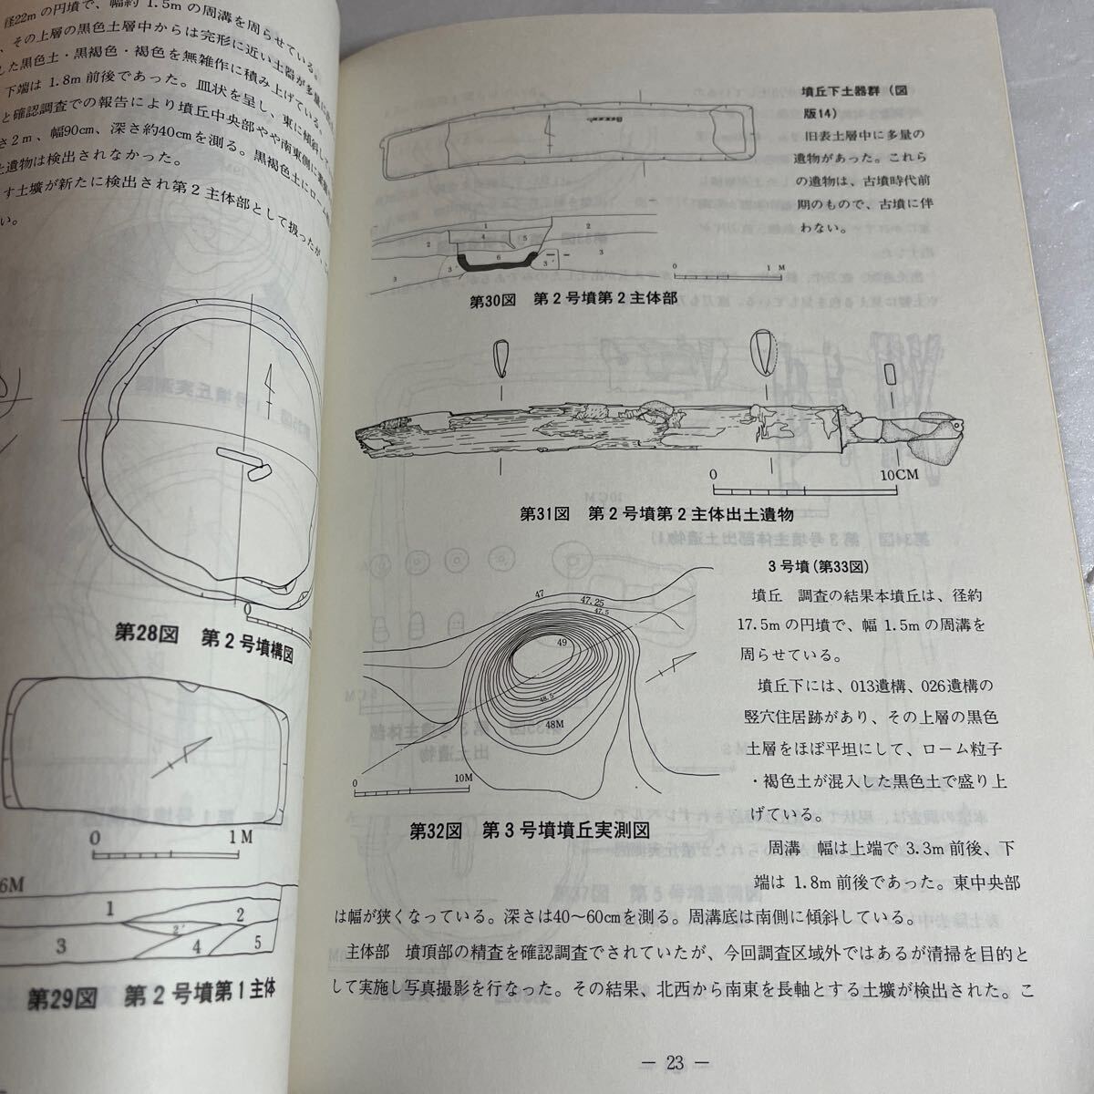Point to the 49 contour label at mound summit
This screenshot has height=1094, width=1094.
(561, 642)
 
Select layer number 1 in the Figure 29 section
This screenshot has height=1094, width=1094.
(109, 908)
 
